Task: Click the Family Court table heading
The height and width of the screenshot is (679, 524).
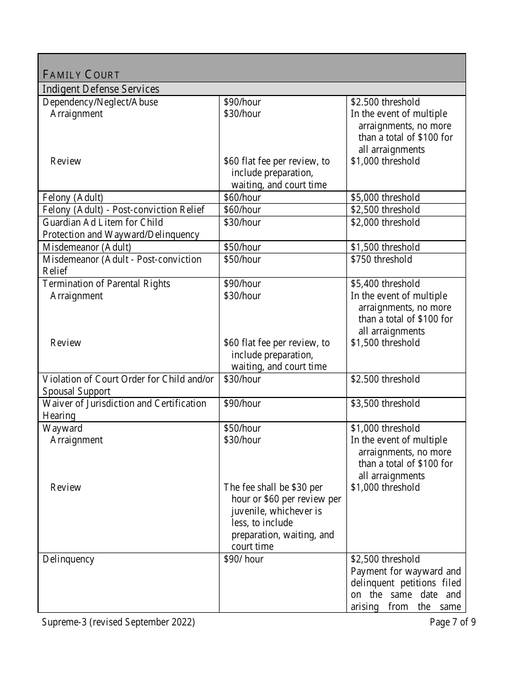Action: (x=81, y=75)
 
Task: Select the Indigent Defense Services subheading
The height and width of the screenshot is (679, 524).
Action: (x=101, y=89)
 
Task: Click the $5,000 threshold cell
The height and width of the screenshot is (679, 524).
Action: (x=385, y=198)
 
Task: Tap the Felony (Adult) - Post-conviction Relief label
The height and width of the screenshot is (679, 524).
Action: (x=124, y=210)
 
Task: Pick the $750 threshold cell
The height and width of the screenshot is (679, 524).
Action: (x=381, y=259)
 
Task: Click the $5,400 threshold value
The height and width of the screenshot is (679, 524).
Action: (x=385, y=284)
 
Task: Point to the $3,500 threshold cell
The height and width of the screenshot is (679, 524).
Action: (x=385, y=404)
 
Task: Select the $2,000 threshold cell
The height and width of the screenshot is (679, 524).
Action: (x=385, y=222)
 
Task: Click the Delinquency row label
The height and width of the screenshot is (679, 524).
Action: (x=68, y=559)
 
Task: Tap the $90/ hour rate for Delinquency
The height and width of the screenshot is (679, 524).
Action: (x=243, y=559)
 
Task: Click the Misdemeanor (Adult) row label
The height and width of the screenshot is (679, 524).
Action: (x=87, y=247)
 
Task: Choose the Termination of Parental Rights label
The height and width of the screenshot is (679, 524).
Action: (x=106, y=284)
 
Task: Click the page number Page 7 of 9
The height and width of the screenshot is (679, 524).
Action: (x=453, y=623)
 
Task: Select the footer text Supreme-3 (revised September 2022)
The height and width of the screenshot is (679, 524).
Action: (x=119, y=623)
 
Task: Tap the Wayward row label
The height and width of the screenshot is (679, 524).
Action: (x=63, y=428)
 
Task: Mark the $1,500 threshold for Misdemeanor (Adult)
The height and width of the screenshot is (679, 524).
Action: (x=385, y=247)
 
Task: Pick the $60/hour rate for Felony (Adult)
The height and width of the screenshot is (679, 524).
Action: (x=242, y=198)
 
